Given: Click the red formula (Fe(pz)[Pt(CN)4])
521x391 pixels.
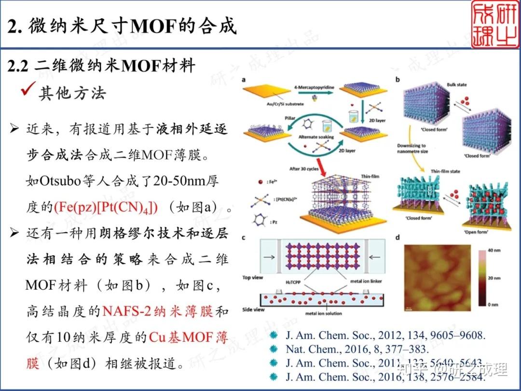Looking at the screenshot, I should pyautogui.click(x=106, y=208).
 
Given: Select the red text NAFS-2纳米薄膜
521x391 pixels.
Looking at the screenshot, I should pyautogui.click(x=157, y=311).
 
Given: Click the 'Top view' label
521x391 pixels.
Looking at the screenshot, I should pyautogui.click(x=253, y=278).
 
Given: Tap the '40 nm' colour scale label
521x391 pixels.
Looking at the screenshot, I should pyautogui.click(x=492, y=251).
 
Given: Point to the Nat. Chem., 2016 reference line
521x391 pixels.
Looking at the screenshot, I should pyautogui.click(x=357, y=349).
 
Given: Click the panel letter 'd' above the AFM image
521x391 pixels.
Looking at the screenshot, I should pyautogui.click(x=397, y=238).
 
